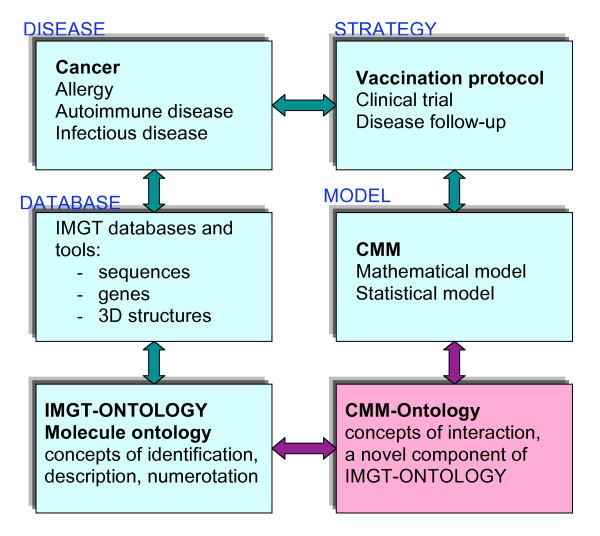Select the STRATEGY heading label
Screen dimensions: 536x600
369,15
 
